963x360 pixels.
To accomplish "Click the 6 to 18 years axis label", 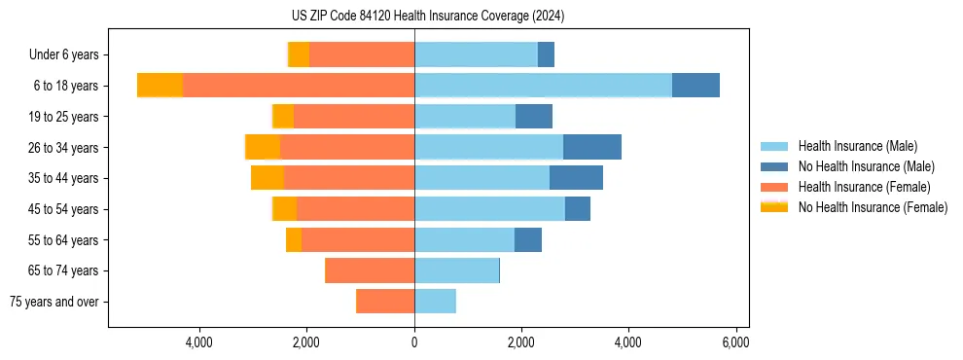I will (65, 86).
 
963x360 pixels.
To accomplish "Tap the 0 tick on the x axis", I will (414, 342).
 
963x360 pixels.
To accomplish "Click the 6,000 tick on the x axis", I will (735, 342).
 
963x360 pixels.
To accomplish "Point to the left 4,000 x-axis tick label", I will (199, 342).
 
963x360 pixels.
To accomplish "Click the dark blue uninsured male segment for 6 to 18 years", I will (695, 86).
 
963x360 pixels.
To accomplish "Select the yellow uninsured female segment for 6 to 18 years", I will (160, 86).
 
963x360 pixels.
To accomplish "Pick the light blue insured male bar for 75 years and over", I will (435, 302).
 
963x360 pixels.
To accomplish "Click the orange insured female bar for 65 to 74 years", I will (370, 270).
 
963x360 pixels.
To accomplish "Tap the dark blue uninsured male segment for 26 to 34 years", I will (591, 147).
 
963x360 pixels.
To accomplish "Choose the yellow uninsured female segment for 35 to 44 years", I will (267, 178).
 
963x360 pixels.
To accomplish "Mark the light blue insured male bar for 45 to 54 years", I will (489, 209).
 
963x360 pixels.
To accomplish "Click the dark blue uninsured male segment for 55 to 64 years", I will (528, 239).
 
